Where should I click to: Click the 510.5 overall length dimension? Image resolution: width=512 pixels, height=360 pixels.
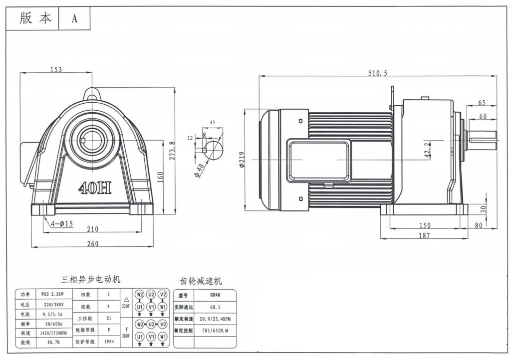pos(378,73)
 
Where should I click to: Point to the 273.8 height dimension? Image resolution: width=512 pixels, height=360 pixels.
pos(172,150)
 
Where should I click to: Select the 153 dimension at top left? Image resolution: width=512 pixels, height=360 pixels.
pos(56,69)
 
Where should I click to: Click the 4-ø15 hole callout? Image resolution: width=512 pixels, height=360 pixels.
pos(62,223)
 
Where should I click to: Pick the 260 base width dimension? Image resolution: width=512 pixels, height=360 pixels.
pos(92,243)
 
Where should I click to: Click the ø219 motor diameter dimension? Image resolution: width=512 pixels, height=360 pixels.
pos(242,160)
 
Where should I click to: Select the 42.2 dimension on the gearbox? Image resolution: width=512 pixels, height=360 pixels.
pos(428,150)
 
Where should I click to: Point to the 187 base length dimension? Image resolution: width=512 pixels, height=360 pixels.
pos(424,235)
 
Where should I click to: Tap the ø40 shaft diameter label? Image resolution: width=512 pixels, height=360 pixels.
pos(199,171)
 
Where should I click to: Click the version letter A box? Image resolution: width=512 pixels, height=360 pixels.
pos(74,18)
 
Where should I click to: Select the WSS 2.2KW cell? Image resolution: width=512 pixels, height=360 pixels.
pos(52,294)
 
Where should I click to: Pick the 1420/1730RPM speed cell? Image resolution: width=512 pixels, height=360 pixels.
pos(53,333)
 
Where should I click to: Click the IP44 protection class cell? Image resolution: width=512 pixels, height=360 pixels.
pos(109,342)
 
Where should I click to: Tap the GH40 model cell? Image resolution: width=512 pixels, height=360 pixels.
pos(215,295)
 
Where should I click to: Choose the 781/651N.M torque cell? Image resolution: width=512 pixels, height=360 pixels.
pos(215,330)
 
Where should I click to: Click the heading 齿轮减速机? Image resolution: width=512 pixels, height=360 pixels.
pos(201,281)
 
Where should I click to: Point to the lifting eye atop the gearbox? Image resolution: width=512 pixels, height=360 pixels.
pos(92,94)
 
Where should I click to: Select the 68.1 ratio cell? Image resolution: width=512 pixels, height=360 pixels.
pos(215,307)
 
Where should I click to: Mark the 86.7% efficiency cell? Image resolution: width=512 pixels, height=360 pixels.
pos(53,343)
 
